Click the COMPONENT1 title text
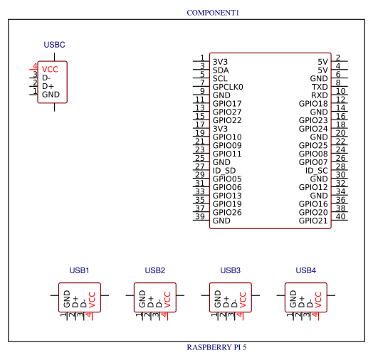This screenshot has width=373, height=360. (x=213, y=13)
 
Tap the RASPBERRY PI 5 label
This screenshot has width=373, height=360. (x=216, y=347)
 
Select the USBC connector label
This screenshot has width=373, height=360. (x=54, y=45)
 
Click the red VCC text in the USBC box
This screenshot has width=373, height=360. (x=50, y=70)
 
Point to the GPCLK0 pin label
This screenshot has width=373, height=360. (x=228, y=87)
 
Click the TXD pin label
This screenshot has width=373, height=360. (x=320, y=87)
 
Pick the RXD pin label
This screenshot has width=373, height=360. (x=320, y=95)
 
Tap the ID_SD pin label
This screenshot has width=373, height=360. (x=224, y=171)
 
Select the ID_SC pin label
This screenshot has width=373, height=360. (x=316, y=171)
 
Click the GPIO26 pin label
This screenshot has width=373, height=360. (x=227, y=212)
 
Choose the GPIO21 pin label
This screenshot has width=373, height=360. (x=313, y=221)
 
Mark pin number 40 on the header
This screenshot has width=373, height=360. (x=340, y=216)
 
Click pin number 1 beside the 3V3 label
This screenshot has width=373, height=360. (x=202, y=58)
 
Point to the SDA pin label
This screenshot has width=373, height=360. (x=221, y=70)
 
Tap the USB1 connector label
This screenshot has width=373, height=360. (x=79, y=270)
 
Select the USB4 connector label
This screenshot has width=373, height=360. (x=305, y=270)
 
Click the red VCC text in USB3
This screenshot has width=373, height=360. (x=243, y=300)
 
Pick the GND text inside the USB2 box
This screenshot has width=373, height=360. (x=142, y=299)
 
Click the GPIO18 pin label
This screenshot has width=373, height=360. (x=313, y=104)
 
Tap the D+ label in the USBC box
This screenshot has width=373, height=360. (x=48, y=86)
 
